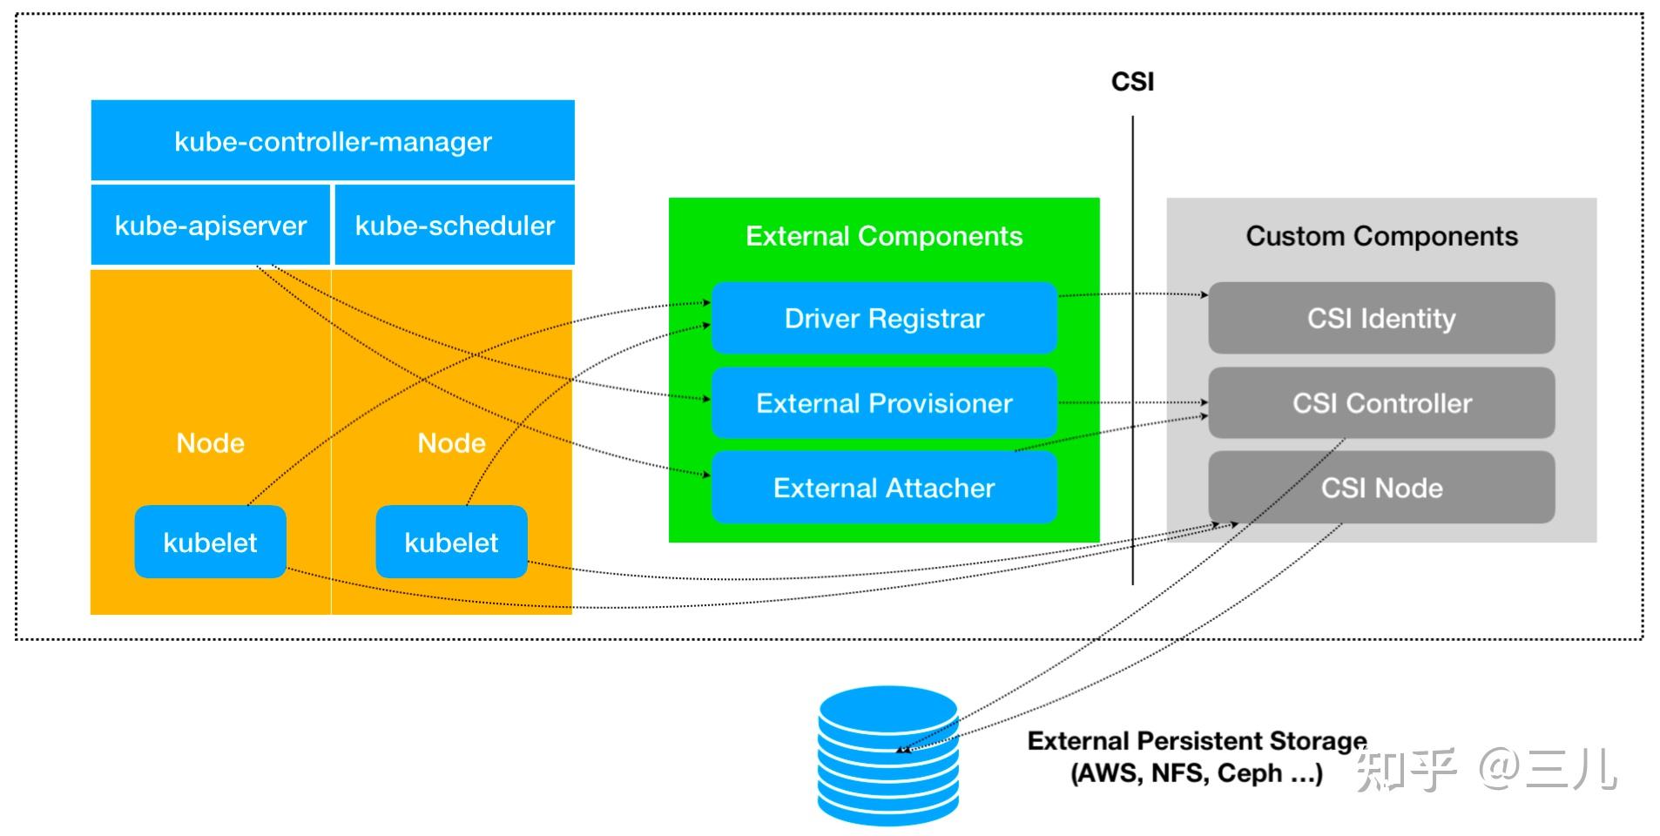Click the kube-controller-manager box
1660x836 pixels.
pyautogui.click(x=333, y=140)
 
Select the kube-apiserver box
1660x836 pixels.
pyautogui.click(x=211, y=225)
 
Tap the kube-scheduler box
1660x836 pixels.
pyautogui.click(x=455, y=225)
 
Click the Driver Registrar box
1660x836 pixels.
pyautogui.click(x=884, y=318)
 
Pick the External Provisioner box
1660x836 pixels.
pyautogui.click(x=884, y=402)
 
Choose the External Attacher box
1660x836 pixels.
pyautogui.click(x=884, y=487)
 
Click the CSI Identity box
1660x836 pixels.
pyautogui.click(x=1381, y=318)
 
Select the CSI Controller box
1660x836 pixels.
pyautogui.click(x=1381, y=402)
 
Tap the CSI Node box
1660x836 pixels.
pyautogui.click(x=1381, y=487)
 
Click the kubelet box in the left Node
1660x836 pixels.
pyautogui.click(x=210, y=542)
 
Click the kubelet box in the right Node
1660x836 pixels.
pyautogui.click(x=451, y=542)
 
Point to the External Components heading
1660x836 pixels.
pyautogui.click(x=884, y=236)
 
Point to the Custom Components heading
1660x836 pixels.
pyautogui.click(x=1381, y=236)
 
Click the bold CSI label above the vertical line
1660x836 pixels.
pyautogui.click(x=1132, y=82)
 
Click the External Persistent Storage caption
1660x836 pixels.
pyautogui.click(x=1197, y=740)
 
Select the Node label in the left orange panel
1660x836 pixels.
pyautogui.click(x=211, y=442)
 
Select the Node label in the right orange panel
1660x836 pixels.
pyautogui.click(x=451, y=442)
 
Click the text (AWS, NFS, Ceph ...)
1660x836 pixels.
pyautogui.click(x=1197, y=772)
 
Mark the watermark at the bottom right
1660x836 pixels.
pyautogui.click(x=1486, y=768)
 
